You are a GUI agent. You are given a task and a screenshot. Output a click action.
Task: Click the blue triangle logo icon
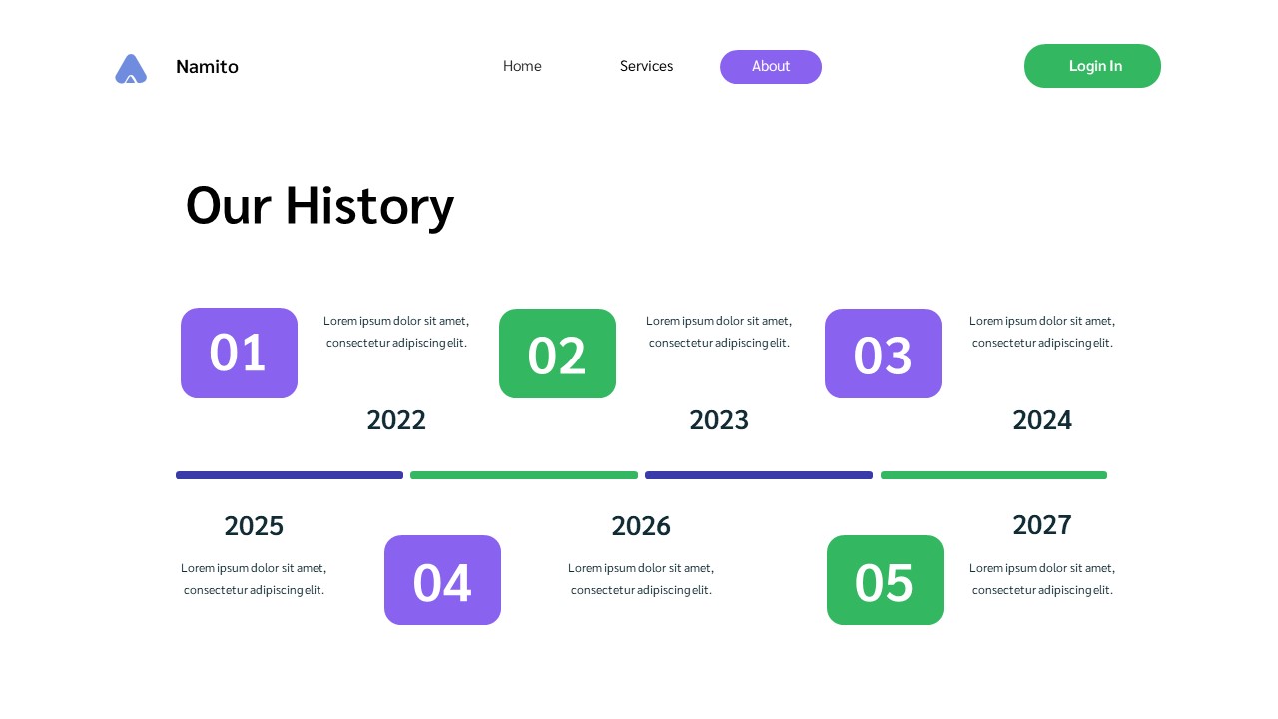(x=131, y=68)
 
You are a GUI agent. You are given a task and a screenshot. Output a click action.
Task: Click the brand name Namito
(x=207, y=67)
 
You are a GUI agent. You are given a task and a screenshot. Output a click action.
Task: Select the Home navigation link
(x=522, y=66)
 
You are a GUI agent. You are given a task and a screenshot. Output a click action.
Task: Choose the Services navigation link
(x=646, y=66)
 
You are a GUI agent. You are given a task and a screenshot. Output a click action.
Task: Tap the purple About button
(x=771, y=67)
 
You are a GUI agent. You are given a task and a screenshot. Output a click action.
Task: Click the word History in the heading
(x=369, y=205)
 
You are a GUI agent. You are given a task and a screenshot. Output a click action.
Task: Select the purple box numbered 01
(x=239, y=353)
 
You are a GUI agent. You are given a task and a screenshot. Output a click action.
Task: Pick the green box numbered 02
(x=557, y=354)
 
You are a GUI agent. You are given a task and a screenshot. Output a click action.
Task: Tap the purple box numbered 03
(x=883, y=354)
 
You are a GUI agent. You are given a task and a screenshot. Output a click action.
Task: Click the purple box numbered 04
(x=442, y=580)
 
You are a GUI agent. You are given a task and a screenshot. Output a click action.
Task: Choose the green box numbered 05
(x=885, y=580)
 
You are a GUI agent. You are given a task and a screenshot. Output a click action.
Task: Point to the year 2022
(x=396, y=420)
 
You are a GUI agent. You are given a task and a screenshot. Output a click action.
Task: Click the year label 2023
(x=719, y=420)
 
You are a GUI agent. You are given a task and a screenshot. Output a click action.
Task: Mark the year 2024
(x=1042, y=420)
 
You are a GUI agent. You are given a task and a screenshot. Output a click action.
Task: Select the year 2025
(x=254, y=525)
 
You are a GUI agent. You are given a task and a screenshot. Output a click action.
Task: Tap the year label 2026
(x=641, y=525)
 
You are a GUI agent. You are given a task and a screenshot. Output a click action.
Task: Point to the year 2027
(x=1042, y=524)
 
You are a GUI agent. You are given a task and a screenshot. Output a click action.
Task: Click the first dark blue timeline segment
(x=290, y=475)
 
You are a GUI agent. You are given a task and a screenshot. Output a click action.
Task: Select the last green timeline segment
(x=993, y=475)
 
